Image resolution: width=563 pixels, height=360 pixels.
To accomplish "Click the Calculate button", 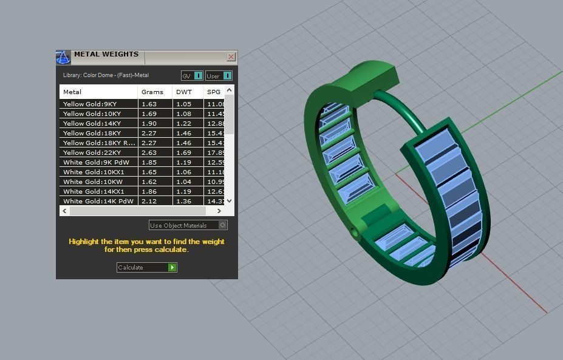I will (146, 267).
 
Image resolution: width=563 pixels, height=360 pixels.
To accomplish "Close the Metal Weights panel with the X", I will (231, 57).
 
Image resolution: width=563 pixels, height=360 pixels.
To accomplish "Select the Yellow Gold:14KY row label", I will (92, 123).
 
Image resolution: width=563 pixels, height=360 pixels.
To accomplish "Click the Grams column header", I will (152, 92).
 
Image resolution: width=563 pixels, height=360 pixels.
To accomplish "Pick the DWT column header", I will (183, 92).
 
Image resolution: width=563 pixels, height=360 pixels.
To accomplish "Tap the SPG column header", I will (213, 92).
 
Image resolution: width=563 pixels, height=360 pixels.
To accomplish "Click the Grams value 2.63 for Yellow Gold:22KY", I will (149, 152).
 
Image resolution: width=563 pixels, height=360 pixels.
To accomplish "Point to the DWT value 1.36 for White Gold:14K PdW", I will (183, 201).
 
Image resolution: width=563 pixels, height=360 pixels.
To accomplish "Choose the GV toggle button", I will (192, 76).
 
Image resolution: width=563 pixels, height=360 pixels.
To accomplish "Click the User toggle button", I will (219, 76).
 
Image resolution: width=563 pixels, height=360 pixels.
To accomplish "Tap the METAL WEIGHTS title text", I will (106, 55).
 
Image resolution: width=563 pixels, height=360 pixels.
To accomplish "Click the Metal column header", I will (72, 92).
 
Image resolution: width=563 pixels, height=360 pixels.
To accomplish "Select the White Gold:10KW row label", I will (93, 182).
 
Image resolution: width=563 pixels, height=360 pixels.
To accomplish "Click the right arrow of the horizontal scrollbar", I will (219, 211).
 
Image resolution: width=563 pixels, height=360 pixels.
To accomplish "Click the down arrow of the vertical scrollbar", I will (229, 200).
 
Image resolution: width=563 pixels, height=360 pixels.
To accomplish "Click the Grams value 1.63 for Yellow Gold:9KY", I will (149, 104).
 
